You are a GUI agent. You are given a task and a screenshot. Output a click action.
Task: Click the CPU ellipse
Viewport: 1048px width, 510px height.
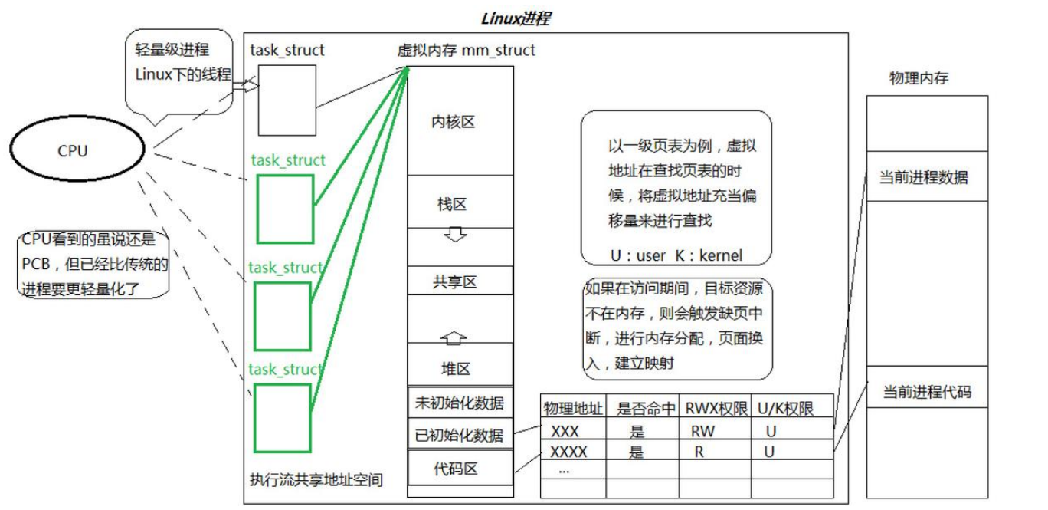[77, 151]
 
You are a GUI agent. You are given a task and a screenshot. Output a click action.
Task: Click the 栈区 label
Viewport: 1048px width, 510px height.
[452, 204]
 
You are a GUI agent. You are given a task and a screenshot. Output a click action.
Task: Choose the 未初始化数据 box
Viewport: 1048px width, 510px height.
[460, 403]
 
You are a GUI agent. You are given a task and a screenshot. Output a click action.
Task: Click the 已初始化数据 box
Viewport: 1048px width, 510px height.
[460, 435]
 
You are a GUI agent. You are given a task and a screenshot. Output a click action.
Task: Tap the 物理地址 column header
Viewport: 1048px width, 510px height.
[573, 408]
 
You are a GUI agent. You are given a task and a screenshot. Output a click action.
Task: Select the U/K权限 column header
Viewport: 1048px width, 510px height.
[785, 408]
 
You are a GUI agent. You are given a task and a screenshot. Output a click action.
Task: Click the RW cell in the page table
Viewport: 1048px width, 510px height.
[702, 431]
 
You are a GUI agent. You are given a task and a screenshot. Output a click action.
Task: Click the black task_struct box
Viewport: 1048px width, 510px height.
[287, 100]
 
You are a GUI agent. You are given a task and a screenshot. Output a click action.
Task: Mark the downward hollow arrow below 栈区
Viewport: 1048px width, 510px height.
[456, 235]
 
